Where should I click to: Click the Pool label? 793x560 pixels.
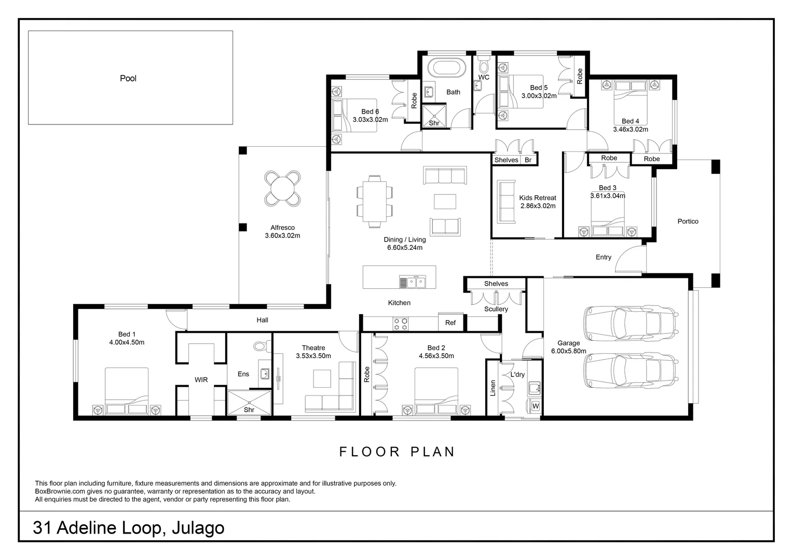(128, 78)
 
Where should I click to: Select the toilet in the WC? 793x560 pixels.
(484, 66)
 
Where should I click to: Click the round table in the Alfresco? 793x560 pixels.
(283, 188)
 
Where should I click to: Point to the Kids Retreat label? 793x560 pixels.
(538, 198)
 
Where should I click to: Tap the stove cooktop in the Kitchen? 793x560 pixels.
(401, 324)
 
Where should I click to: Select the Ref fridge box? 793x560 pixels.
(450, 323)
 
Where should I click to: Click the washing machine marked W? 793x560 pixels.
(535, 405)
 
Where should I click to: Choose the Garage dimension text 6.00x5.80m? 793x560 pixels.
(568, 351)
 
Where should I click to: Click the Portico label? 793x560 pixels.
(688, 221)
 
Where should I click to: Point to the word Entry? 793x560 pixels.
(603, 257)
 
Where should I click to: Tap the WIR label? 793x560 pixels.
(201, 380)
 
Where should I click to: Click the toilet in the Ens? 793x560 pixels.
(259, 345)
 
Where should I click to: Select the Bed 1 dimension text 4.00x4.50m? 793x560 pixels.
(127, 342)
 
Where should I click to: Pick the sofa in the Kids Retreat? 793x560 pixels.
(507, 202)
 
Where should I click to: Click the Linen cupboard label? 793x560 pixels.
(493, 388)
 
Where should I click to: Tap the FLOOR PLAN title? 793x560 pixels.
(397, 452)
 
